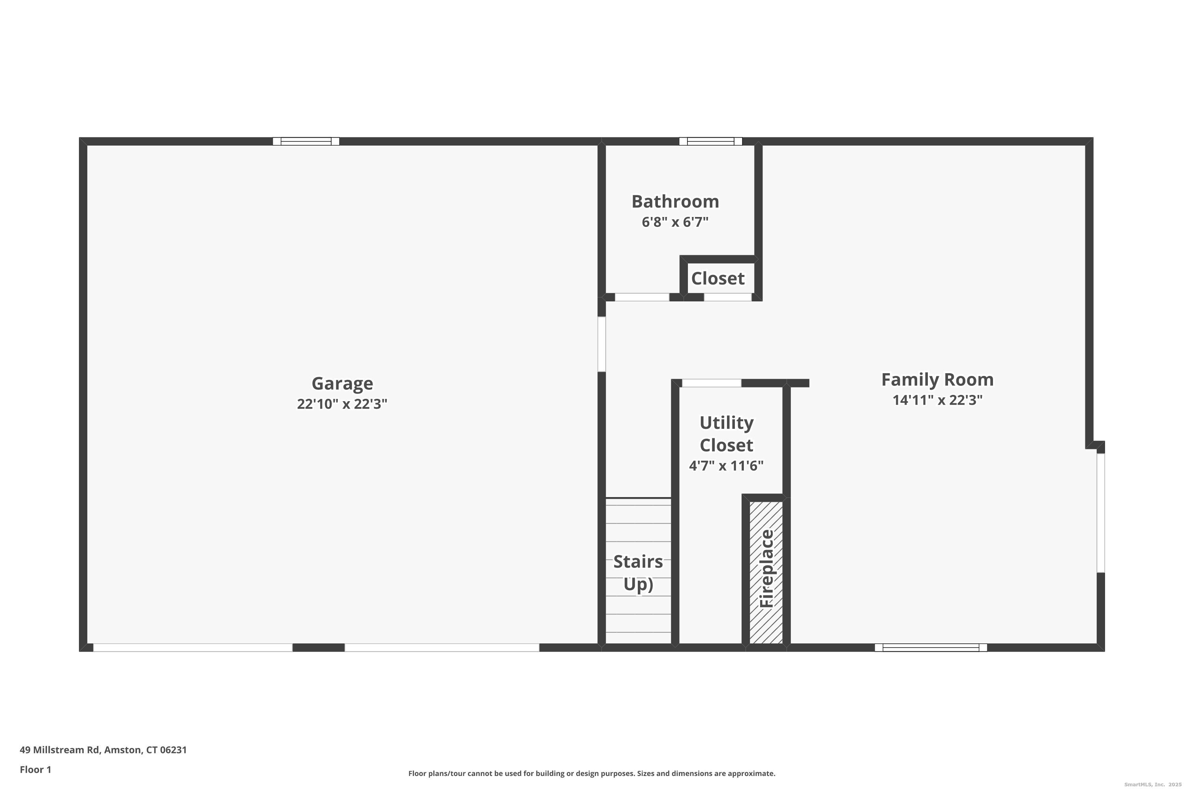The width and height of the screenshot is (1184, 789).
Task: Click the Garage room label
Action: (x=342, y=383)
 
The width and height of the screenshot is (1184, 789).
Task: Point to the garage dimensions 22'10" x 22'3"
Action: (x=342, y=404)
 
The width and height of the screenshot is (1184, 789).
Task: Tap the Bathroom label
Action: (x=675, y=201)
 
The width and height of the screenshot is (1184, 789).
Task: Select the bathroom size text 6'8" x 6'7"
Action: (x=675, y=222)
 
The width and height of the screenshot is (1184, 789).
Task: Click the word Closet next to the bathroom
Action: (x=718, y=278)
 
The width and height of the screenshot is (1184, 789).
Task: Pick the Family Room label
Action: (x=937, y=380)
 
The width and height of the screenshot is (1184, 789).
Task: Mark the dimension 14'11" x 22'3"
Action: (x=937, y=400)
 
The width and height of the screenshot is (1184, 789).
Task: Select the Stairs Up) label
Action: (x=638, y=573)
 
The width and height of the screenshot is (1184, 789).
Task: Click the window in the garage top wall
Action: (x=306, y=141)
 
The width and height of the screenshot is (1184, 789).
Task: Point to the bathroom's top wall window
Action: (x=710, y=141)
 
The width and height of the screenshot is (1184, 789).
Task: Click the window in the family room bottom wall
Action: (x=930, y=648)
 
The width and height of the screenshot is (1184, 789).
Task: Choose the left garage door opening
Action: (x=193, y=648)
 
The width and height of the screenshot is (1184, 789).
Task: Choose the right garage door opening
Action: (x=442, y=648)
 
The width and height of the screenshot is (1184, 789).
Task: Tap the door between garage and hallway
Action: (x=601, y=344)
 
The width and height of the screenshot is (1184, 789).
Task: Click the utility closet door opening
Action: (x=711, y=383)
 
